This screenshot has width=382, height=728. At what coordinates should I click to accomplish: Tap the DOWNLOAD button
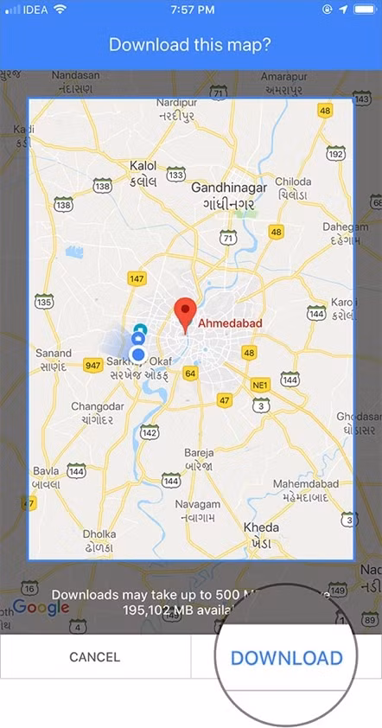pyautogui.click(x=286, y=657)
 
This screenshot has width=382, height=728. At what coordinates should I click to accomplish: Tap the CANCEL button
pyautogui.click(x=95, y=657)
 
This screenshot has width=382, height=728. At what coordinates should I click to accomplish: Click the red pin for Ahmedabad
pyautogui.click(x=184, y=314)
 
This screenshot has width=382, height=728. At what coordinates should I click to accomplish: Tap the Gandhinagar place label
pyautogui.click(x=223, y=188)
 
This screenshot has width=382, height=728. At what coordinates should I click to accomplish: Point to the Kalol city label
pyautogui.click(x=143, y=165)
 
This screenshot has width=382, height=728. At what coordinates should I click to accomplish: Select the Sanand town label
pyautogui.click(x=54, y=354)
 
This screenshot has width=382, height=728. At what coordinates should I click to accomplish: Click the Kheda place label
pyautogui.click(x=261, y=527)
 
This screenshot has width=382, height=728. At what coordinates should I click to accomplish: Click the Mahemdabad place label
pyautogui.click(x=306, y=483)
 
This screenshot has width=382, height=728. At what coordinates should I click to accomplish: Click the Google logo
pyautogui.click(x=41, y=608)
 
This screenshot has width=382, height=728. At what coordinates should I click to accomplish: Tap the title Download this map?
pyautogui.click(x=191, y=44)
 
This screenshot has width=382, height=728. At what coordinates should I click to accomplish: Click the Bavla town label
pyautogui.click(x=45, y=471)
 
